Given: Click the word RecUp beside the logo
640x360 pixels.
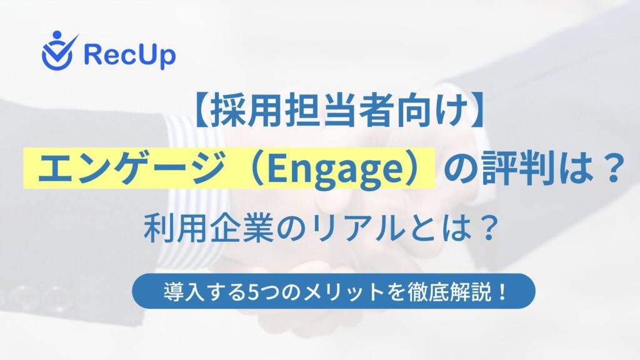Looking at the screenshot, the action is pos(130,56).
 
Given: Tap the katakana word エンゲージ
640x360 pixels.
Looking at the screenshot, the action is pos(131,169).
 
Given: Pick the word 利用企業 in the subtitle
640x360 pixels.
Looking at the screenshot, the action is pos(208,229).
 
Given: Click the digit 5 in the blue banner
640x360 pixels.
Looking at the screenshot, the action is pos(253,292).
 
